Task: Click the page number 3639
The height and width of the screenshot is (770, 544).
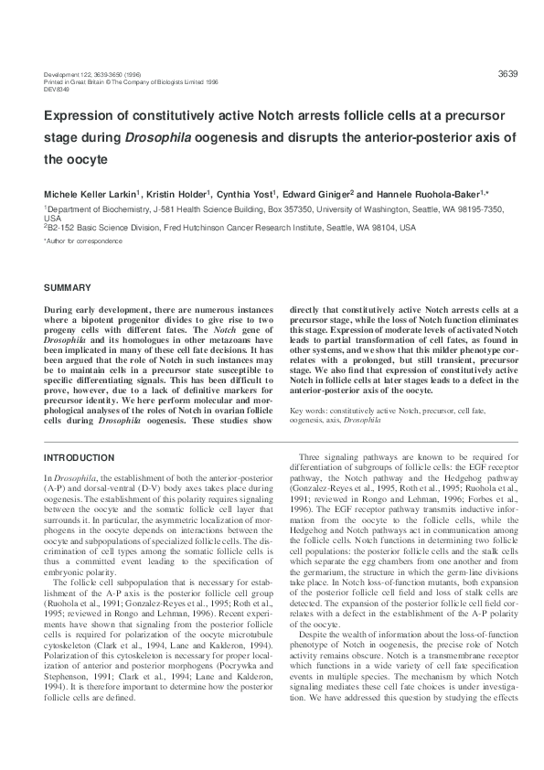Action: pos(508,73)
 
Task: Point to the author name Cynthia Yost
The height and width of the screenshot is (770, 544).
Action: pos(249,196)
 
